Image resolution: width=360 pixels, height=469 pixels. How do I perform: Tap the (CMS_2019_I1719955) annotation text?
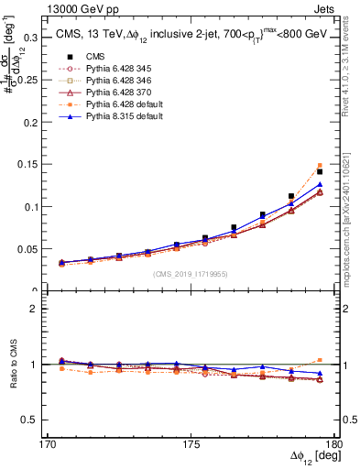[190, 273]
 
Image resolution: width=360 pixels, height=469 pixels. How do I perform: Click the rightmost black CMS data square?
[320, 146]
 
